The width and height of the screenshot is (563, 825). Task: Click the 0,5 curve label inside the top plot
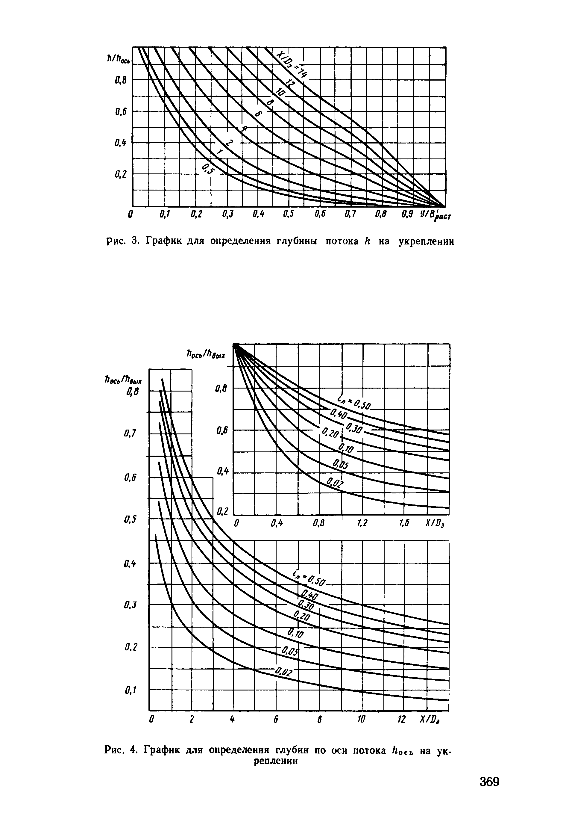point(208,169)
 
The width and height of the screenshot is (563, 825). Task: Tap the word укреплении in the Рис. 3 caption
point(426,241)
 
